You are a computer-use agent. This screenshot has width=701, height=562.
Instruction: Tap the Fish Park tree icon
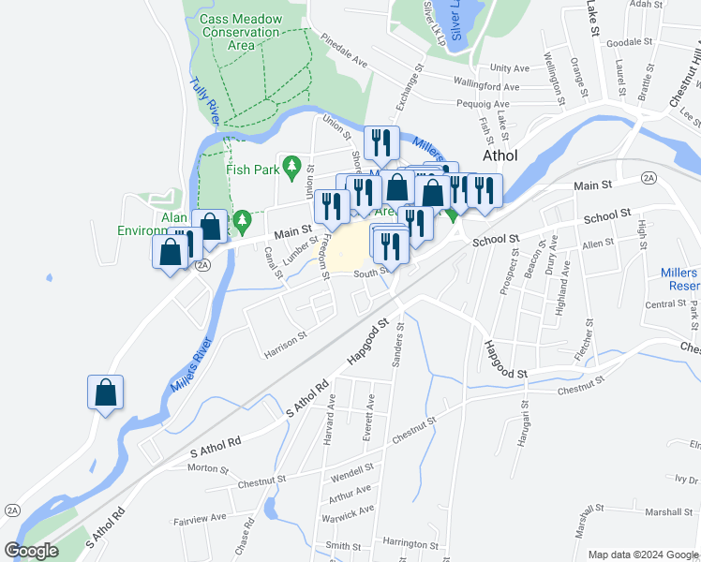coord(291,168)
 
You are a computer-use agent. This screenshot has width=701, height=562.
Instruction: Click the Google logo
coord(32,551)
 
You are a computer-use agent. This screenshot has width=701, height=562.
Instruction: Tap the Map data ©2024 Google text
coord(643,555)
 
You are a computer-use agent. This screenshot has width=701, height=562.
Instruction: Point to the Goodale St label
coord(629,42)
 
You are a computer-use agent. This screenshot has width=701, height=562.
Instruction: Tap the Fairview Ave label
coord(200,517)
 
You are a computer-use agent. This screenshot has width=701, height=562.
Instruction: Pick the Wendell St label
coord(351,466)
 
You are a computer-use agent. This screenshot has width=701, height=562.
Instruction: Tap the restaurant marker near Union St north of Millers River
coord(381,142)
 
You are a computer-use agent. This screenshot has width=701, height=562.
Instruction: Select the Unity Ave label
coord(510,68)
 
